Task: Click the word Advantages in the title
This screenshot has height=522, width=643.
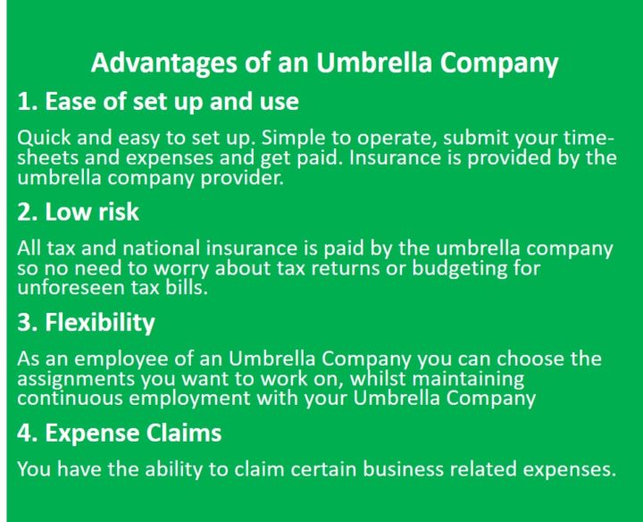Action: [x=164, y=63]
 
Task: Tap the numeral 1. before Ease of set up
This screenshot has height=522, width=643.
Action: [x=28, y=101]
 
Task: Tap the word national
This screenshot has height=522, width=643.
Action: [x=162, y=248]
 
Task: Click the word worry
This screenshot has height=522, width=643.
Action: [x=180, y=269]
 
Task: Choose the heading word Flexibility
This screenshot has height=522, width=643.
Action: [x=100, y=323]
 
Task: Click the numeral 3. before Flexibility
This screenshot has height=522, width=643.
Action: [x=28, y=322]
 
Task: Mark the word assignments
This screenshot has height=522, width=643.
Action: [x=76, y=379]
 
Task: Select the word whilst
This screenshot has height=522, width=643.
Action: [x=377, y=378]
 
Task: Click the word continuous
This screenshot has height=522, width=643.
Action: [x=71, y=398]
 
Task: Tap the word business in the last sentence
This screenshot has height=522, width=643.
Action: [x=403, y=469]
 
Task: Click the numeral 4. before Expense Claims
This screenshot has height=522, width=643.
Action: [x=28, y=433]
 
